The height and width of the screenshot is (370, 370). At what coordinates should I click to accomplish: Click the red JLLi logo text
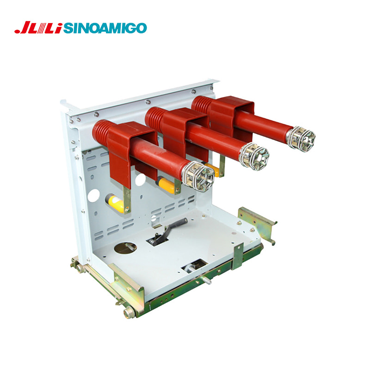(x=38, y=28)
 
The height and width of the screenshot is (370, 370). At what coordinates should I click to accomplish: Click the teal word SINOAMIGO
(x=105, y=28)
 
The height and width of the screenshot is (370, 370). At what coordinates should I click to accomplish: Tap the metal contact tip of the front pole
(x=198, y=176)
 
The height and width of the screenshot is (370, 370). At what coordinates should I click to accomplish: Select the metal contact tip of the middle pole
(x=254, y=156)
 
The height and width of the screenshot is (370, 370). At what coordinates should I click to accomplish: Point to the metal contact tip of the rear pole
(x=301, y=138)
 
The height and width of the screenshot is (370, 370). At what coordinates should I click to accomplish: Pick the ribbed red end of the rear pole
(x=201, y=104)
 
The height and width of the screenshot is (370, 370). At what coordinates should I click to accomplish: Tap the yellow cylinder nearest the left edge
(x=114, y=203)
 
